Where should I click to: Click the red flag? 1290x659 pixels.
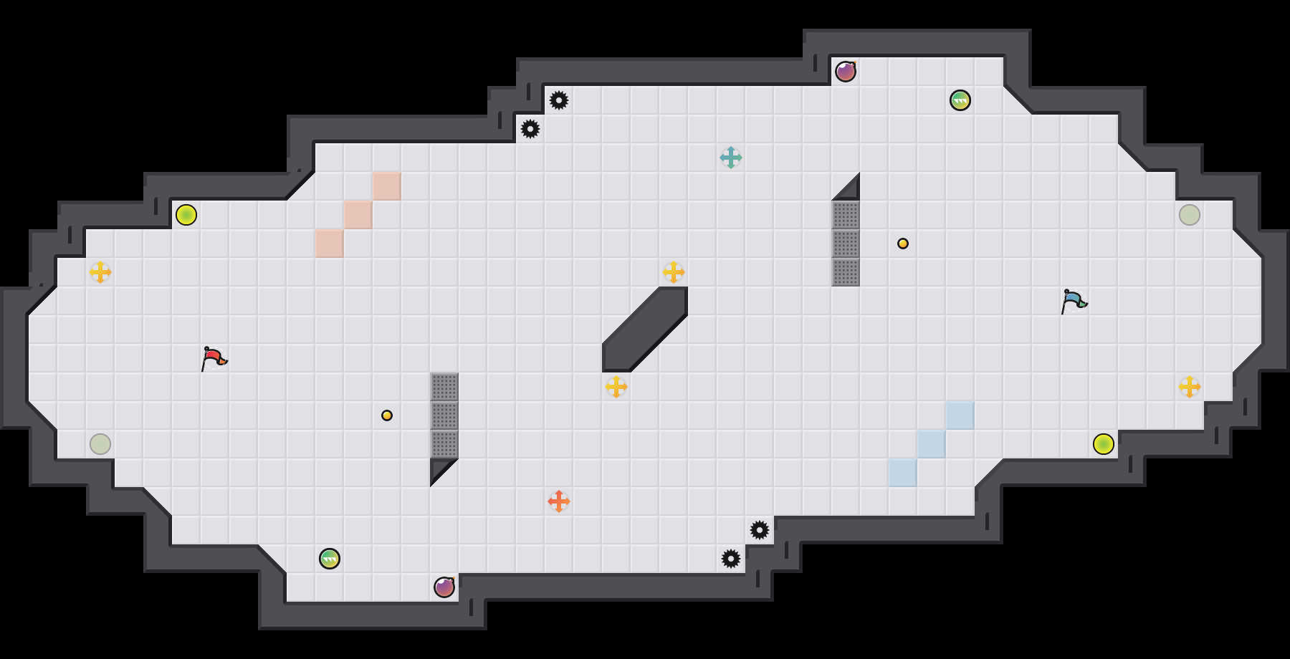pos(214,357)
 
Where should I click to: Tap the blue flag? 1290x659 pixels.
pos(1074,300)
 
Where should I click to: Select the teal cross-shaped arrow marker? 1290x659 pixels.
pos(731,158)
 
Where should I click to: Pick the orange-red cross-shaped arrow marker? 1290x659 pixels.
pos(559,501)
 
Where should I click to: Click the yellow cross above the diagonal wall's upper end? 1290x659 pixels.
pos(674,272)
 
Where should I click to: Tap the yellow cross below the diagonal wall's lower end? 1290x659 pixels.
pos(616,387)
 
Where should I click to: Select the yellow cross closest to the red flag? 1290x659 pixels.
pos(100,272)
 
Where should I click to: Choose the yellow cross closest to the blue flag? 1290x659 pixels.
pos(1190,387)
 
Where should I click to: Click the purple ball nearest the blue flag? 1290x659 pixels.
pos(846,72)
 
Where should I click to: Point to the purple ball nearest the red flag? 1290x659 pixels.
pos(444,587)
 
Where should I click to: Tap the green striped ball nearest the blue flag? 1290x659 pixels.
pos(960,100)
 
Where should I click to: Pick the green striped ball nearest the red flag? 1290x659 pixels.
pos(330,559)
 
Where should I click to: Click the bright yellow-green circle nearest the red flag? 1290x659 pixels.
pos(186,215)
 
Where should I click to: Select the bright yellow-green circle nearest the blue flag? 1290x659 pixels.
pos(1104,444)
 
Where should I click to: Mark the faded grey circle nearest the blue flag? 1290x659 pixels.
pos(1190,215)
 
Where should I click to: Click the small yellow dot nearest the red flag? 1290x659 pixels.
pos(387,415)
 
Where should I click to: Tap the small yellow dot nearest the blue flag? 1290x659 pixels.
pos(903,244)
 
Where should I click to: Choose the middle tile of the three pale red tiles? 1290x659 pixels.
pos(358,215)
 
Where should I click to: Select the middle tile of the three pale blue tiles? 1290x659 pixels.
pos(932,444)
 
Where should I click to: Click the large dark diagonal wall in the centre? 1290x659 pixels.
pos(645,329)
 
